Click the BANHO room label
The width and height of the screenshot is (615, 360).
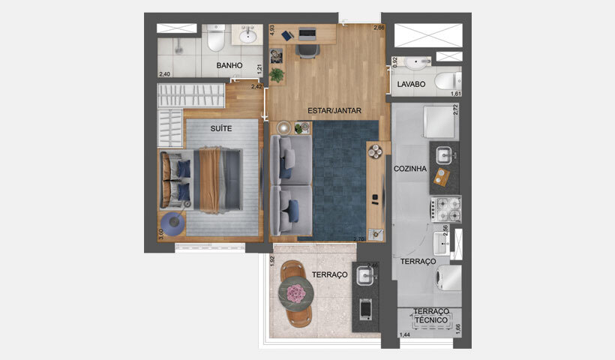229,66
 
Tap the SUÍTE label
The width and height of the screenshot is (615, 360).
220,128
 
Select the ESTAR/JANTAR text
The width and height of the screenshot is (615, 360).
334,111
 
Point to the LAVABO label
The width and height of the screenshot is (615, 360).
412,85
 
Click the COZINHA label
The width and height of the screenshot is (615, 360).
410,169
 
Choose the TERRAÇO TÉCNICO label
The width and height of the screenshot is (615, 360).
431,316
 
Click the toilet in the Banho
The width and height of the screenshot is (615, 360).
216,37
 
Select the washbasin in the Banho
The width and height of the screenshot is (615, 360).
247,34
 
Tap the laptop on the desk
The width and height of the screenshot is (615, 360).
307,34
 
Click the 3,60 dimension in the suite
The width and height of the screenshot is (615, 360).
160,234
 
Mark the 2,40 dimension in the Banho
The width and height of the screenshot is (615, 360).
165,74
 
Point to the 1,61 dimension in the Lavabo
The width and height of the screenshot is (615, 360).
455,94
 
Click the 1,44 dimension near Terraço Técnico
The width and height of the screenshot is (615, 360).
405,334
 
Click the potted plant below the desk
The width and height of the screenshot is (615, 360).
277,75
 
